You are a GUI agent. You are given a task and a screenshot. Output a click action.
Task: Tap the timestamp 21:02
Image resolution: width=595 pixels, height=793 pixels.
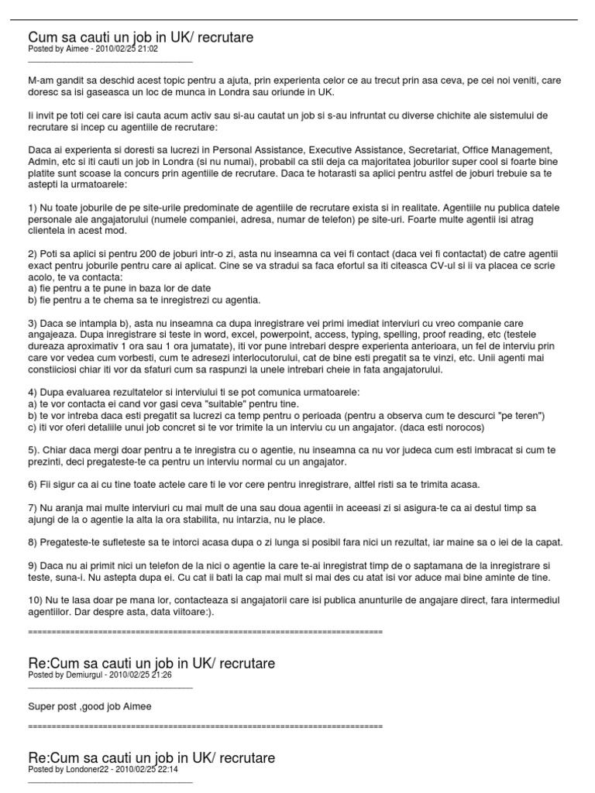click(146, 48)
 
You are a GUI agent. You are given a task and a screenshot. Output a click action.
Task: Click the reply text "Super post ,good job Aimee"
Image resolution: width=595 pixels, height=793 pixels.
click(90, 706)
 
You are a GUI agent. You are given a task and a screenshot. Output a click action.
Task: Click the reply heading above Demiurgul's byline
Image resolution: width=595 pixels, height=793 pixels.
click(151, 663)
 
